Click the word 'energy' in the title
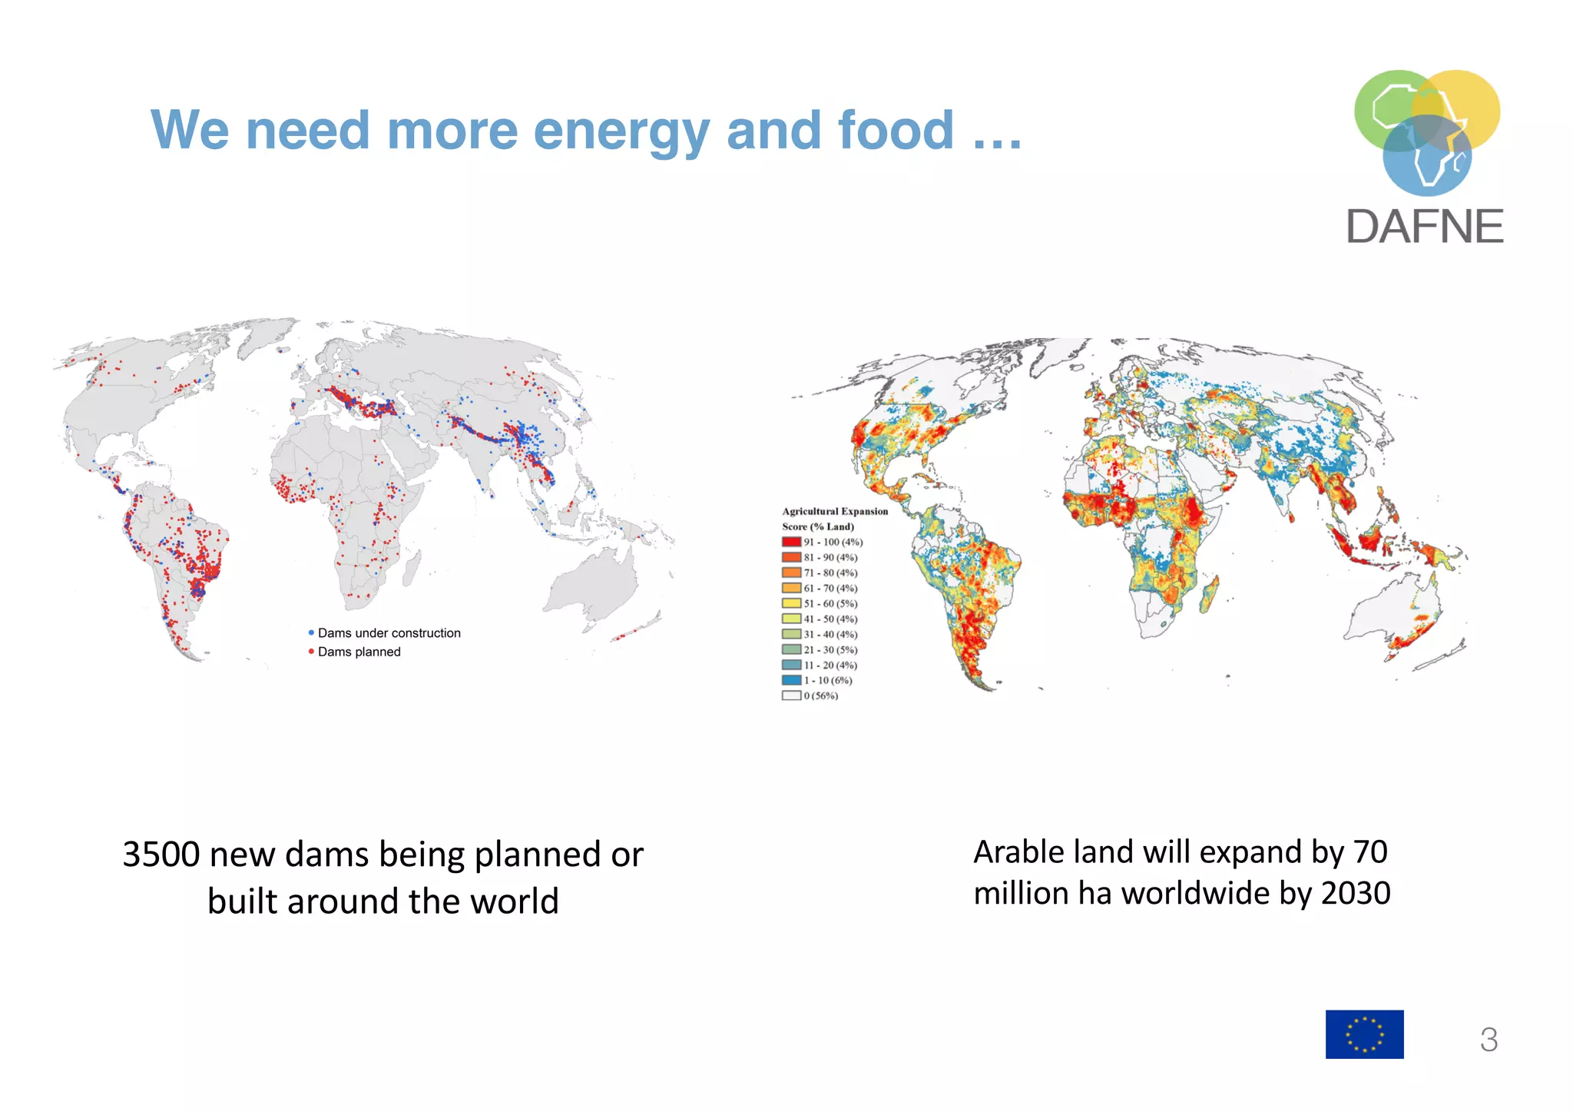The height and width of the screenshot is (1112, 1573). click(622, 131)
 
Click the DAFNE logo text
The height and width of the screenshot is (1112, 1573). click(1425, 227)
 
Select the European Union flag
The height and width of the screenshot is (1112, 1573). click(1364, 1034)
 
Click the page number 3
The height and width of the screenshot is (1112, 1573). click(1489, 1040)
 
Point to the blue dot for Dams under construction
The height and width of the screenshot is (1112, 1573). click(311, 632)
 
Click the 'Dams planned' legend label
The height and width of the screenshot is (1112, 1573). click(359, 652)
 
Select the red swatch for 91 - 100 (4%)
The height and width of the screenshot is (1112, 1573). click(791, 542)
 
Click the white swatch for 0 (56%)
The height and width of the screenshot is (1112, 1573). click(791, 695)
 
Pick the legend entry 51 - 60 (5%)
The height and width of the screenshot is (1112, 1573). click(830, 603)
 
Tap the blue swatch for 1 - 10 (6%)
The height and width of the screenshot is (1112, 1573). click(791, 680)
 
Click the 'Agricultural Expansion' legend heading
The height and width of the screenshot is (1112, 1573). click(835, 511)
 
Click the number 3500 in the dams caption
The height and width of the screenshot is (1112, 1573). click(161, 855)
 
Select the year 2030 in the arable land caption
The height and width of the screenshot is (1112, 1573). click(1356, 894)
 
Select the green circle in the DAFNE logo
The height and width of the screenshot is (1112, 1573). click(1383, 108)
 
